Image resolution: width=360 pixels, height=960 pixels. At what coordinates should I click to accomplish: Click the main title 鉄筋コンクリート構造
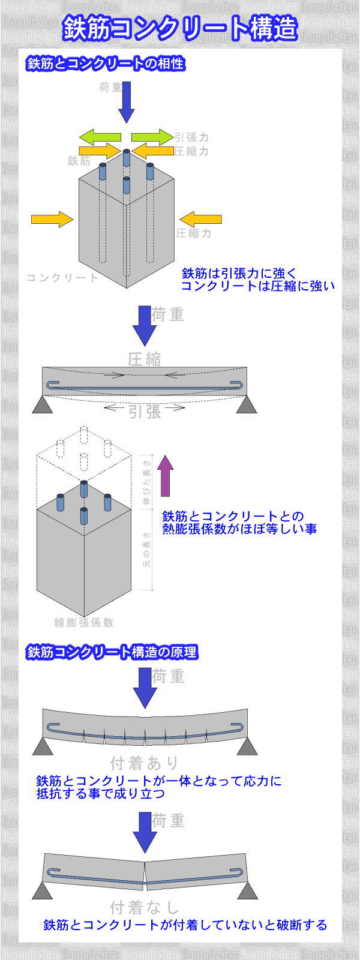coord(179,29)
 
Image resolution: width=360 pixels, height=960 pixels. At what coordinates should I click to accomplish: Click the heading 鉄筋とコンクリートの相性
coord(105,64)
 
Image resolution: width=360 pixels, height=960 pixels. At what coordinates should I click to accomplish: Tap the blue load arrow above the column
coord(126,102)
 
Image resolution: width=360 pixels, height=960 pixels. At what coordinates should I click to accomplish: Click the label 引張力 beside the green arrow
coord(191,137)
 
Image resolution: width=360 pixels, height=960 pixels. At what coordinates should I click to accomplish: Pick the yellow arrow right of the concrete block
coord(196,218)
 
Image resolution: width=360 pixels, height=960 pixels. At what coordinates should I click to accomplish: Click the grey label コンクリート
coord(62,277)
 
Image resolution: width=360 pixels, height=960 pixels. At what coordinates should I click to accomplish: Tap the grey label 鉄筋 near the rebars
coord(79,160)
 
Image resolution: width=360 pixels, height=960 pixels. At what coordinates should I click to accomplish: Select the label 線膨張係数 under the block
coord(84,622)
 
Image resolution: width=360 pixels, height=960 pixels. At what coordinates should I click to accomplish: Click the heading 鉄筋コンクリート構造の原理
coord(112,652)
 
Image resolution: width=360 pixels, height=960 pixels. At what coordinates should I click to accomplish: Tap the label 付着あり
coord(145,763)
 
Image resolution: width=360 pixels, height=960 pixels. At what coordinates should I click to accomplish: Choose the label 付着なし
coord(145,906)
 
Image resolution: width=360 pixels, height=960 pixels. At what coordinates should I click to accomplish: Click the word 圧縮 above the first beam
coord(145,359)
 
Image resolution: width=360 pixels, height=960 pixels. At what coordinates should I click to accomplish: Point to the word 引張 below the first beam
coord(145,411)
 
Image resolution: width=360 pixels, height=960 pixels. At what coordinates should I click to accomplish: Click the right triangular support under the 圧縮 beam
coord(246,406)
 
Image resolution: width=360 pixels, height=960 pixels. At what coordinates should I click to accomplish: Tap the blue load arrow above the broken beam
coord(145,832)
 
